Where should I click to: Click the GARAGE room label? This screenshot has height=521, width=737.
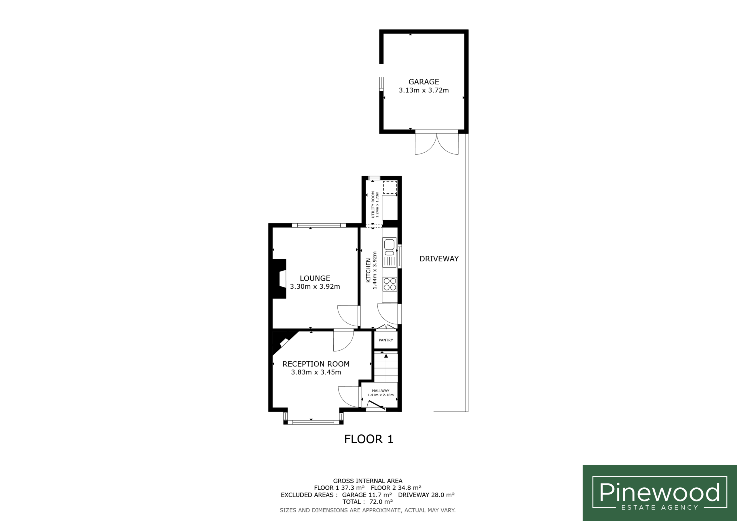tap(424, 82)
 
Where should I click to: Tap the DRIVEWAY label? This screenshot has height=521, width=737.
tap(439, 259)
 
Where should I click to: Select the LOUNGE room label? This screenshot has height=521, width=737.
tap(315, 278)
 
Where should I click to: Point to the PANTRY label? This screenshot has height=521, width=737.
tap(386, 340)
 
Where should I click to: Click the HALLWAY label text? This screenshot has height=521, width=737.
tap(381, 391)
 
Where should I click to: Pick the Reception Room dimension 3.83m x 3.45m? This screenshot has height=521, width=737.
tap(316, 372)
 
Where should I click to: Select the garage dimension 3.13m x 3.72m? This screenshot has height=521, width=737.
tap(424, 90)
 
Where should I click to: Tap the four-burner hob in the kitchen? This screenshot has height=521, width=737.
tap(390, 284)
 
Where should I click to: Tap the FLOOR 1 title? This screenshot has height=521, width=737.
tap(369, 439)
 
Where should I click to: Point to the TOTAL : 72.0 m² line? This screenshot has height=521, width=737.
tap(368, 502)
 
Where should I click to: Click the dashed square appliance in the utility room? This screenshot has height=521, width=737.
tap(390, 187)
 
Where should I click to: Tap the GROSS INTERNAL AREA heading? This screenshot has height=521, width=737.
tap(368, 481)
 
